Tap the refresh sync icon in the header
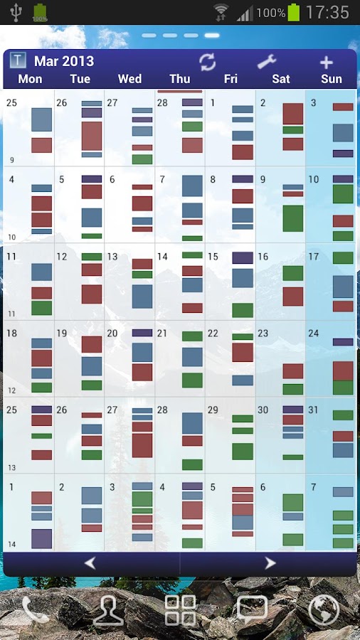(x=207, y=62)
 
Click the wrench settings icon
(x=267, y=62)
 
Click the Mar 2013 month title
(x=64, y=61)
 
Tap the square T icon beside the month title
(x=18, y=61)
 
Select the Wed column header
(x=129, y=79)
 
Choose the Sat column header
(x=281, y=79)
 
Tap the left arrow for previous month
(x=90, y=563)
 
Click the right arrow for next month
(x=270, y=563)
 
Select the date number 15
(x=213, y=257)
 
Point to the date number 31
(x=313, y=410)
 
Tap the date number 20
(x=112, y=334)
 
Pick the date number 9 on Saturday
(x=263, y=180)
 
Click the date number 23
(x=263, y=334)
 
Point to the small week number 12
(x=11, y=391)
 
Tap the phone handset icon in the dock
(x=36, y=609)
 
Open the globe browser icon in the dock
(x=324, y=609)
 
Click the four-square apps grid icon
(x=180, y=610)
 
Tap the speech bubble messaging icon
(x=252, y=609)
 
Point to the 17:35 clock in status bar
(x=327, y=12)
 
